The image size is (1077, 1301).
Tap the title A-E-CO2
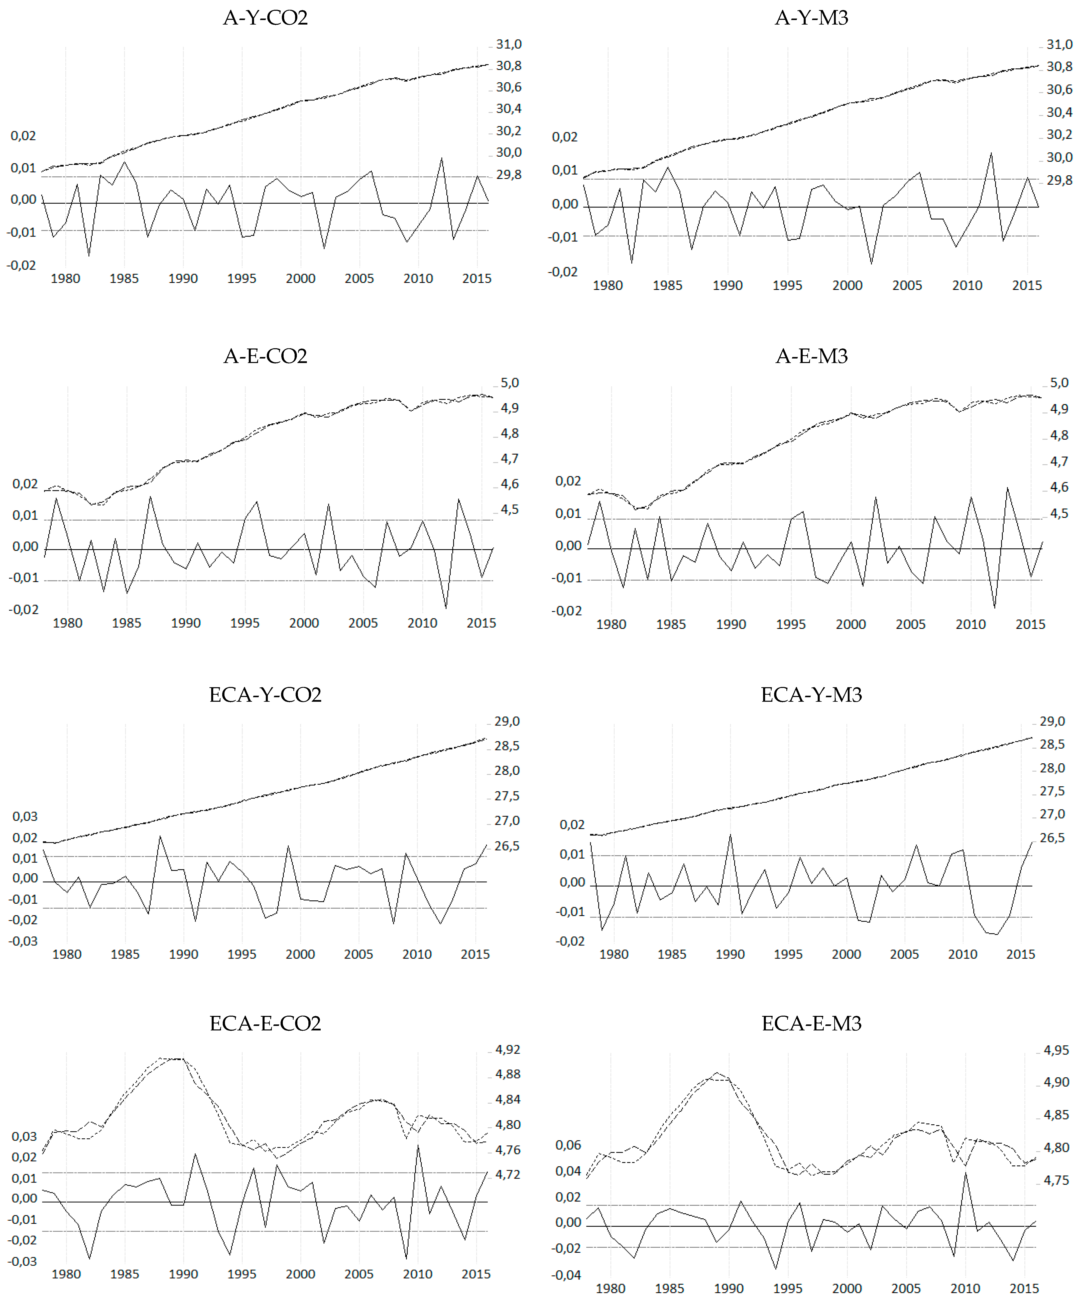click(265, 356)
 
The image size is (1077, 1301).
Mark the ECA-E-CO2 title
click(265, 1023)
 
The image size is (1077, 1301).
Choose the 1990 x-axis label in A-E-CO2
click(186, 623)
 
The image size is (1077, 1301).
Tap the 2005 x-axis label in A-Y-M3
click(907, 286)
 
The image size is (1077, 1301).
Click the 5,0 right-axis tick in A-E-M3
click(1059, 383)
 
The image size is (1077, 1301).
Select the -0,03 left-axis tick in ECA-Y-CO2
click(23, 941)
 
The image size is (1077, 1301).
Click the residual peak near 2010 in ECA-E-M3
click(965, 1173)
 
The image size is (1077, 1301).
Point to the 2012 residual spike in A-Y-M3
click(991, 154)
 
